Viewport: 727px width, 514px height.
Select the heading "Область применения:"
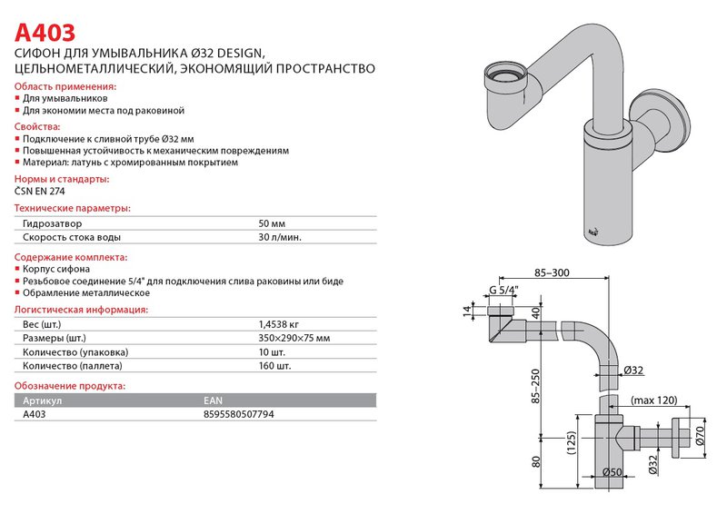[65, 84]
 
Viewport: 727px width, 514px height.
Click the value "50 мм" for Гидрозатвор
[272, 223]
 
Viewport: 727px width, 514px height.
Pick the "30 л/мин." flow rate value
[280, 238]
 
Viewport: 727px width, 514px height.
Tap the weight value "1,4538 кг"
[280, 323]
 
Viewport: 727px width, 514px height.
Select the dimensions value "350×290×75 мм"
[294, 338]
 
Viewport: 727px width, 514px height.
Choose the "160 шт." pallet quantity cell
[274, 367]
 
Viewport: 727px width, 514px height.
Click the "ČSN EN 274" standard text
[40, 191]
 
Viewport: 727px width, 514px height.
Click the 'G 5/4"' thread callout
[503, 291]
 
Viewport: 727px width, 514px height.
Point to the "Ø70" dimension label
[701, 437]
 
